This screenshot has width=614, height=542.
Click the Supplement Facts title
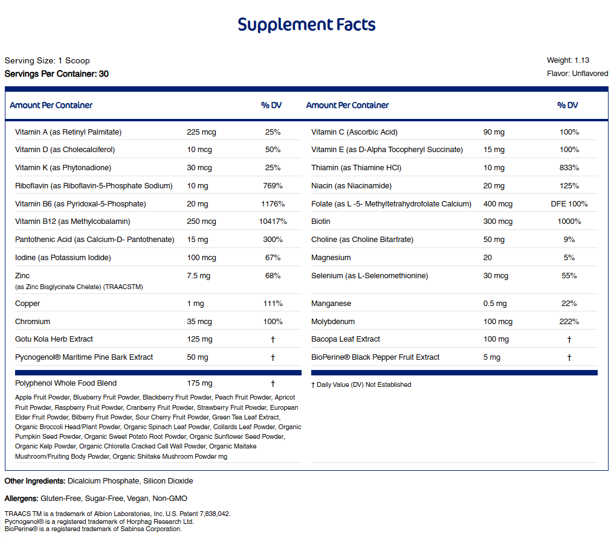[306, 25]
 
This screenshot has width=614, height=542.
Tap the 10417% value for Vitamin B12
[273, 222]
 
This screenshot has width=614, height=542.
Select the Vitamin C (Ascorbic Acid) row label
[354, 132]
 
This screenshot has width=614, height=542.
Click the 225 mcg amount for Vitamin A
[201, 132]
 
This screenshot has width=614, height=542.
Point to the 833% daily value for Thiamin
[569, 168]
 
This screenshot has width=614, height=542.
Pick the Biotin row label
[321, 222]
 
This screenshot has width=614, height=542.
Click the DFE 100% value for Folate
[569, 204]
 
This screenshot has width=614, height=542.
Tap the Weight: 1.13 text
[568, 60]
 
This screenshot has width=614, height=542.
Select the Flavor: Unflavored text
[578, 74]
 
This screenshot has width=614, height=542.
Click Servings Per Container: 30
[57, 74]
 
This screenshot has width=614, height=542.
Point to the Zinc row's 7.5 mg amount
[199, 276]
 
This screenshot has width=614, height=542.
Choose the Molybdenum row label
[333, 322]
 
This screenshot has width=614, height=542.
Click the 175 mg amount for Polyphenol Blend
[199, 383]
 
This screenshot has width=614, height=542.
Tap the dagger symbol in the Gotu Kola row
[273, 339]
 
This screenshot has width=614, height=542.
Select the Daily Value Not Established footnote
[361, 385]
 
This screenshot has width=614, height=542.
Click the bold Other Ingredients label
[35, 481]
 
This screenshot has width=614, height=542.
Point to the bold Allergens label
[22, 499]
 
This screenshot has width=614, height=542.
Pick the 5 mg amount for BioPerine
[492, 357]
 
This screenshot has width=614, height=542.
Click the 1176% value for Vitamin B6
[273, 204]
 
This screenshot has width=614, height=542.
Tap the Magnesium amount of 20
[488, 258]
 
